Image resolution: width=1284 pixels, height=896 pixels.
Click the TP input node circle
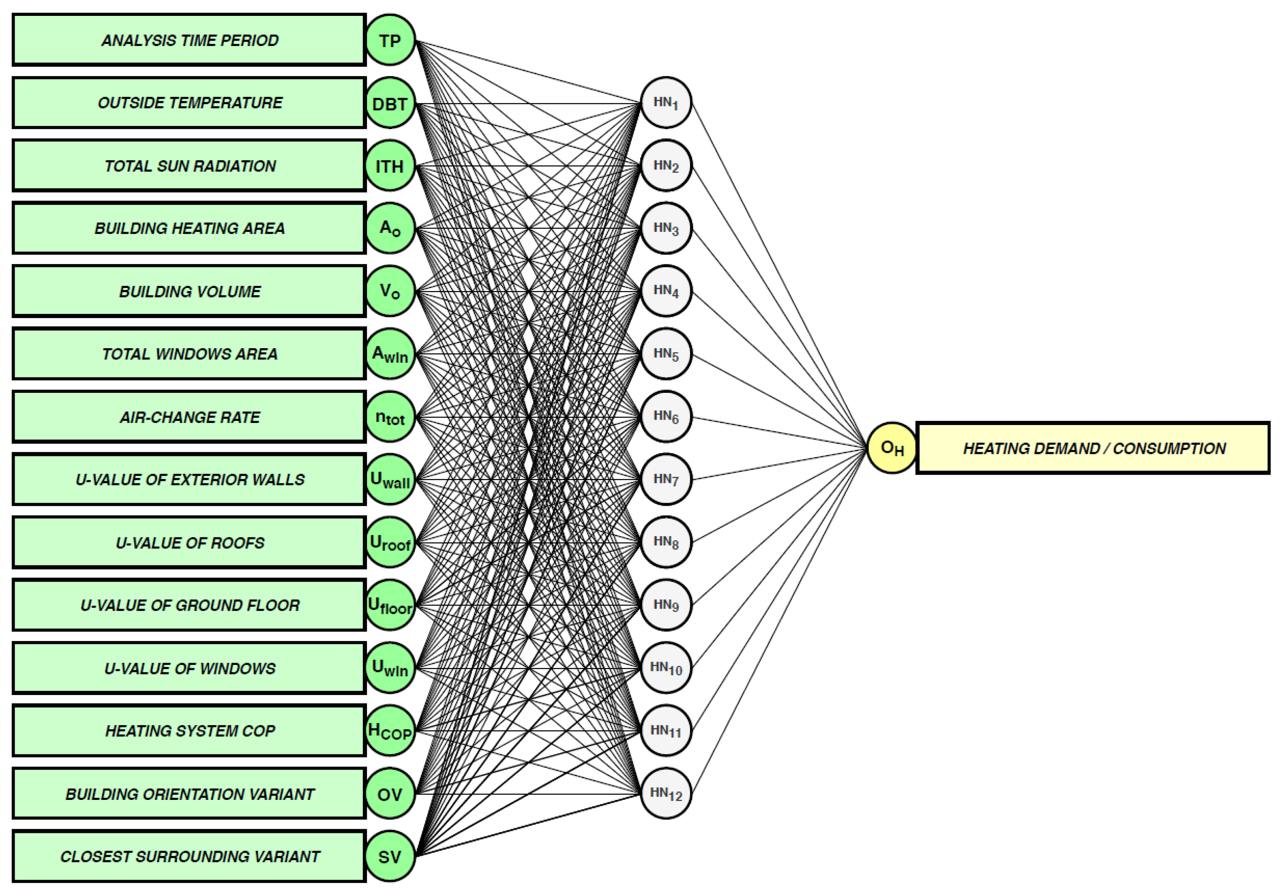(x=390, y=40)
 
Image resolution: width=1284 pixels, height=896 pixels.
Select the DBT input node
(x=390, y=103)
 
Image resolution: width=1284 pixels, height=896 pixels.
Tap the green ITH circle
(x=390, y=166)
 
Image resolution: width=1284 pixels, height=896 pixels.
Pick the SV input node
(x=390, y=856)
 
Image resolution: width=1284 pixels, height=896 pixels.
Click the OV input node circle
(x=390, y=794)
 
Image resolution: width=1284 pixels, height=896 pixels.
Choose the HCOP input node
(x=390, y=731)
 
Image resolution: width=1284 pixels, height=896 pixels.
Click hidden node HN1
(x=666, y=103)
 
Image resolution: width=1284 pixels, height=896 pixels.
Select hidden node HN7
(x=666, y=479)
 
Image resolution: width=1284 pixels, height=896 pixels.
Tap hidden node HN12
(x=666, y=793)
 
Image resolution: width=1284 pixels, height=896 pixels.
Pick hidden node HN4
(x=666, y=290)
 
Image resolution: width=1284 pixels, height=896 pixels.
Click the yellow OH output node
(x=891, y=448)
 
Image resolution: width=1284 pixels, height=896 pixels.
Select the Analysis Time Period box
(x=189, y=40)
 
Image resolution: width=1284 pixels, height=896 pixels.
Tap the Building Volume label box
(x=189, y=291)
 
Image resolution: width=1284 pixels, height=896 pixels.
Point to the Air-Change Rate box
(x=189, y=417)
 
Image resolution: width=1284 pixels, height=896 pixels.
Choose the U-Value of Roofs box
(x=189, y=542)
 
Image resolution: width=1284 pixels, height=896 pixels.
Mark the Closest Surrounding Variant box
(x=189, y=856)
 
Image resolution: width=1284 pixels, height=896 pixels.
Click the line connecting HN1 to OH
(x=779, y=275)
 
